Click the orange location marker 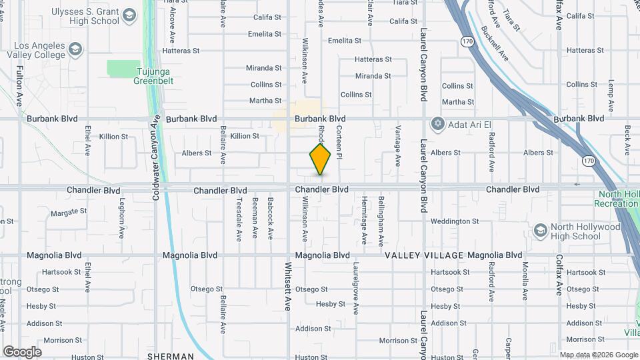point(321,159)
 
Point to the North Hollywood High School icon point(540,231)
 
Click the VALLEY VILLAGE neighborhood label point(424,255)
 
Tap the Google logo point(22,352)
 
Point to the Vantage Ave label point(398,145)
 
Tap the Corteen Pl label point(339,143)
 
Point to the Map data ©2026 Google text point(598,355)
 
